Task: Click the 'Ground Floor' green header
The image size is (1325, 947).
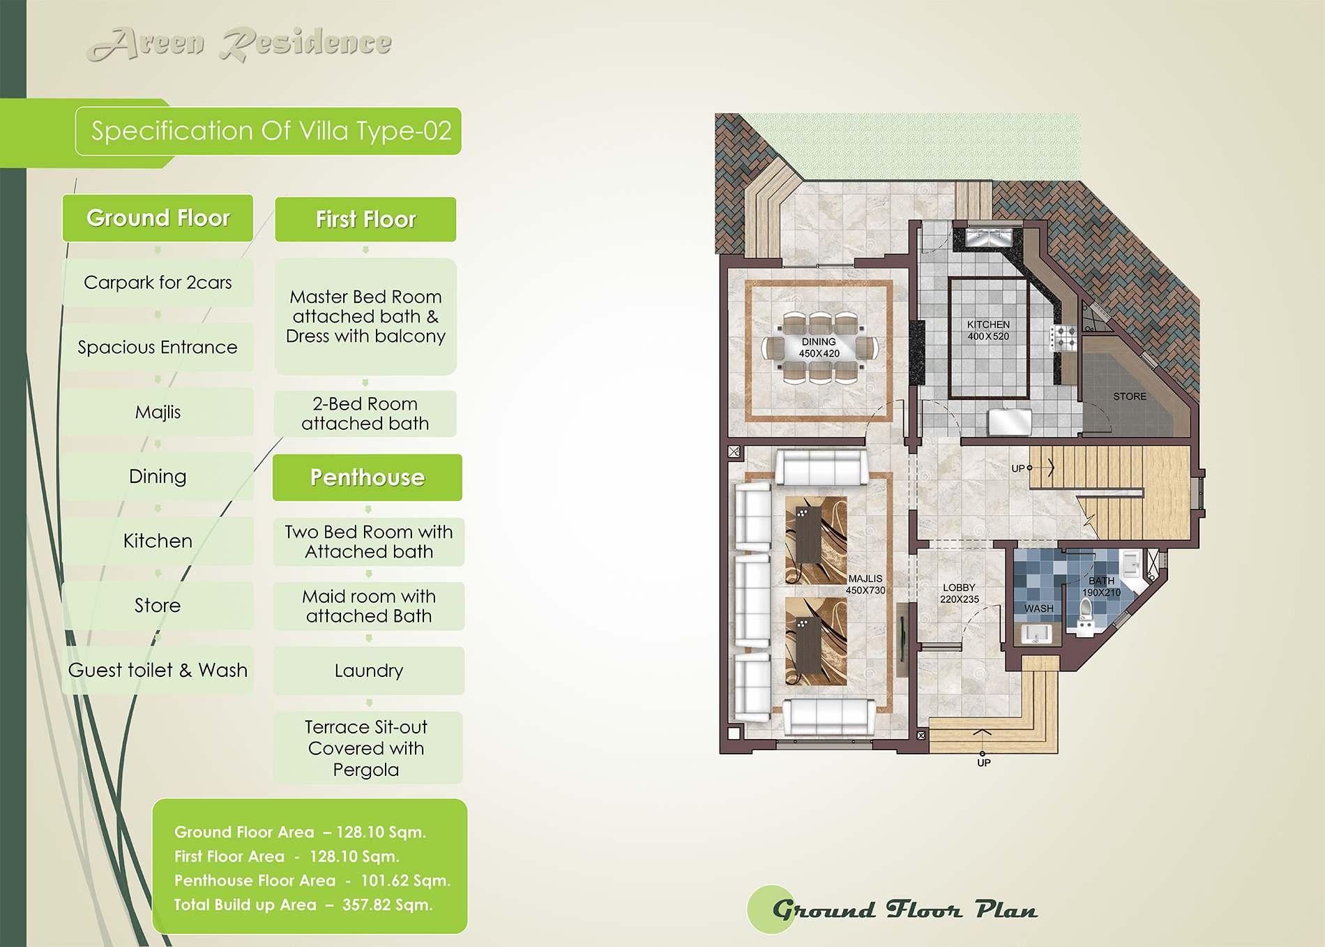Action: [158, 218]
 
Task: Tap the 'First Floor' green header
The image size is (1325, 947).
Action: [365, 219]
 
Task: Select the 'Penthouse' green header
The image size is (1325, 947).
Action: [368, 477]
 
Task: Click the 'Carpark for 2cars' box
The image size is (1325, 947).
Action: [158, 283]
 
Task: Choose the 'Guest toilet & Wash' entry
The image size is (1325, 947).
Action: [158, 670]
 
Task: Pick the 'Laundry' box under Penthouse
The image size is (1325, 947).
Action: [369, 671]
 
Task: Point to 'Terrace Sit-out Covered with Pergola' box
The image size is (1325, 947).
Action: [367, 748]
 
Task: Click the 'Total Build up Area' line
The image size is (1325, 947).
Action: [303, 905]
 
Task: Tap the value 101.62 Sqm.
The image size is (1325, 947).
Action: [405, 881]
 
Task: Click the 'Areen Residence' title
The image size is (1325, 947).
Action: [239, 44]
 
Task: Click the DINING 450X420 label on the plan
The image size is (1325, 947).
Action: [819, 348]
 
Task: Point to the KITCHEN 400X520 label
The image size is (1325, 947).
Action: [988, 330]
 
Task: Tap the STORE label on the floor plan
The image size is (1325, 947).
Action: [1130, 396]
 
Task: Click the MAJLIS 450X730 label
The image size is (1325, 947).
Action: [865, 584]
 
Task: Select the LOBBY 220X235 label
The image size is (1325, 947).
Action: [960, 593]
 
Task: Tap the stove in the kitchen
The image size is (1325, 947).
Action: [1063, 338]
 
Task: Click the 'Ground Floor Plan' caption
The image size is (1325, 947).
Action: [904, 910]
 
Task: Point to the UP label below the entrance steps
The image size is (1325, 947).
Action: [984, 763]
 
